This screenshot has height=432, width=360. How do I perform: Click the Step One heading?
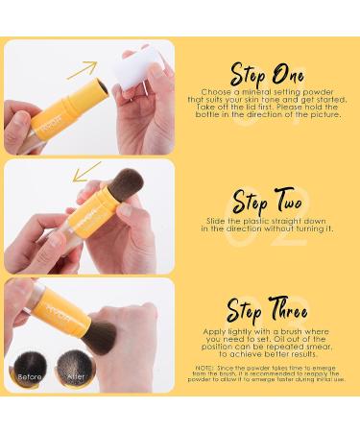(268, 74)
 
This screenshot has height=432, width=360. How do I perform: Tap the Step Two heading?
(268, 203)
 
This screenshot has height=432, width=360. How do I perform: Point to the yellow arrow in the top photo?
(82, 69)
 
